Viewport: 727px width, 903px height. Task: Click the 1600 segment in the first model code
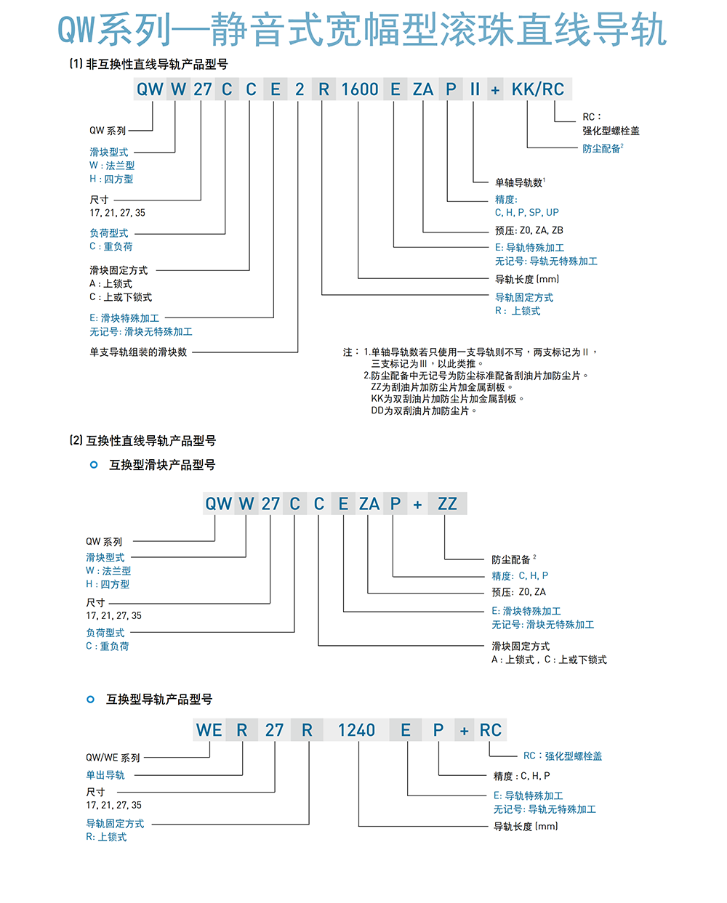pos(360,89)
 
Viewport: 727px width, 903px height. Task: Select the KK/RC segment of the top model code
pos(537,89)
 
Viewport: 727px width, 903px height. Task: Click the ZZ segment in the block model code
pos(447,503)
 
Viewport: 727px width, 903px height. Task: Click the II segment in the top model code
pos(475,89)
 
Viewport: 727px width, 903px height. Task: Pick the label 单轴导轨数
pos(520,182)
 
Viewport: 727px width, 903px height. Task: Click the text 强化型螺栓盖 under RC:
pos(611,131)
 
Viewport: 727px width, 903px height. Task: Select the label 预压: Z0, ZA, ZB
pos(529,230)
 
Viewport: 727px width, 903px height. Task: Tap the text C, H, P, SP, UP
pos(526,212)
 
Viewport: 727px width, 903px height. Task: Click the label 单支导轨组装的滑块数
pos(138,352)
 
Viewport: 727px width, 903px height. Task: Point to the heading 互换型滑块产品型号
pos(162,465)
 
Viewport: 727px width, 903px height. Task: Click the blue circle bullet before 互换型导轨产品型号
pos(90,700)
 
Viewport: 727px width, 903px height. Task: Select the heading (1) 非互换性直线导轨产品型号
pos(149,64)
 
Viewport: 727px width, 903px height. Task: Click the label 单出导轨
pos(105,775)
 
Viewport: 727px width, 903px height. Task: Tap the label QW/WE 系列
pos(113,758)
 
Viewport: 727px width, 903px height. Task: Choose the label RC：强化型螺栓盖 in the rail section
pos(563,756)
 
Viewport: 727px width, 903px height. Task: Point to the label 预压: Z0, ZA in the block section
pos(518,592)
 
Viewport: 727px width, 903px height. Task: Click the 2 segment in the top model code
pos(299,89)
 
